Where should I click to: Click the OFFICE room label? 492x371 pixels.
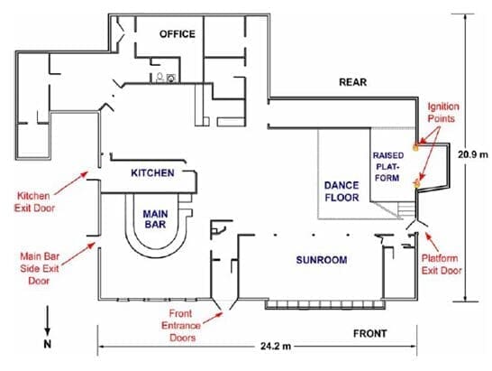coord(177,33)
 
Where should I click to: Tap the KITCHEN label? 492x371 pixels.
coord(152,172)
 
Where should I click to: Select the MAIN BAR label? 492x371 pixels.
coord(155,219)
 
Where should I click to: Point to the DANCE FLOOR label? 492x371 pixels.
coord(342,191)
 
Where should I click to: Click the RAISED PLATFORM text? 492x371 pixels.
coord(387,167)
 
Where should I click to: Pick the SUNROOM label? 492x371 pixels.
coord(322,260)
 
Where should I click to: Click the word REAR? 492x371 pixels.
coord(352,82)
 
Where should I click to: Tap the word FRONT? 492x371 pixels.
coord(370,333)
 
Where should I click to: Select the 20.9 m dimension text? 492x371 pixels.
coord(473,154)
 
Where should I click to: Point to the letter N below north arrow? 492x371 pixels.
coord(47,344)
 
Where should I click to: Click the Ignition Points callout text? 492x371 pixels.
coord(442,112)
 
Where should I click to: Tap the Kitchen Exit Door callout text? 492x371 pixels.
coord(34,202)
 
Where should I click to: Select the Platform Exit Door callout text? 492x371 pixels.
coord(441,264)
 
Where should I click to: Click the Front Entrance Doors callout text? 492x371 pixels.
coord(181,325)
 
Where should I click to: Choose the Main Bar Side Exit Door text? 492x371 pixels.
coord(40,268)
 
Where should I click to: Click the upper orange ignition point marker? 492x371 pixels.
coord(416,147)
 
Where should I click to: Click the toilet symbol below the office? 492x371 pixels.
coord(159,78)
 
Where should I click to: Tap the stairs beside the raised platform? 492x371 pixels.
coord(406,209)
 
